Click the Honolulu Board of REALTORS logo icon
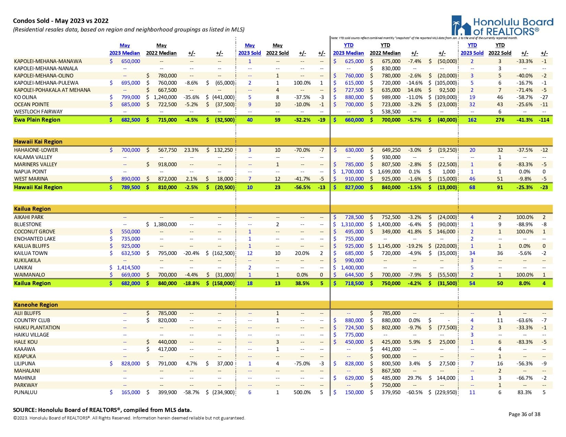pyautogui.click(x=461, y=26)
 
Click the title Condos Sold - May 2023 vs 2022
pyautogui.click(x=61, y=21)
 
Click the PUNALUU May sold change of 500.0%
pyautogui.click(x=302, y=392)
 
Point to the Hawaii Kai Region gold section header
pyautogui.click(x=38, y=142)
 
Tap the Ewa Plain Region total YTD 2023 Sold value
pyautogui.click(x=472, y=120)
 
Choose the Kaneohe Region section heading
pyautogui.click(x=36, y=305)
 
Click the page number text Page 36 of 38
pyautogui.click(x=524, y=414)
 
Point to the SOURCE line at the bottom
pyautogui.click(x=102, y=410)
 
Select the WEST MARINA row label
pyautogui.click(x=31, y=179)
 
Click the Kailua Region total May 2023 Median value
pyautogui.click(x=130, y=283)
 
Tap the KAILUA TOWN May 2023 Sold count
pyautogui.click(x=250, y=253)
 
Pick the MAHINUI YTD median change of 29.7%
pyautogui.click(x=414, y=378)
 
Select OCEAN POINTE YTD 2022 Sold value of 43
pyautogui.click(x=500, y=105)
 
